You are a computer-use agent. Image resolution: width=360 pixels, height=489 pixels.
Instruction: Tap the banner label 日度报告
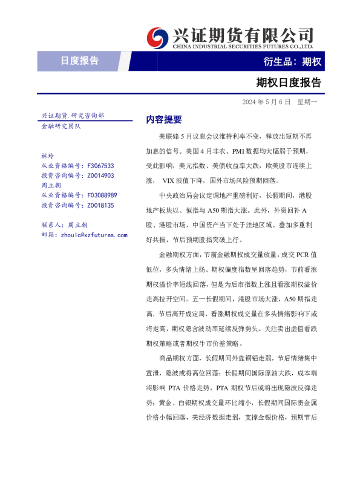80,61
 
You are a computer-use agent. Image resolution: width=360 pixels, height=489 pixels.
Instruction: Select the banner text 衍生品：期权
293,62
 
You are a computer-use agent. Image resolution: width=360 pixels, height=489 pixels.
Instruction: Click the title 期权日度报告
289,82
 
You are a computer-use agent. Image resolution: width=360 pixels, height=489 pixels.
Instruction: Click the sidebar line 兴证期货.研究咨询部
73,116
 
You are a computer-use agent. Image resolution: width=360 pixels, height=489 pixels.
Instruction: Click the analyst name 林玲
47,156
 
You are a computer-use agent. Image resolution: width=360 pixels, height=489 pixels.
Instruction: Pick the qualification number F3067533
100,165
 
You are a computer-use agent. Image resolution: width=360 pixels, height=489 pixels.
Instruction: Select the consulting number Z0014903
100,176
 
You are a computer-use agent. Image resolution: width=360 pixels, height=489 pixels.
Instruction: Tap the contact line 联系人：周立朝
64,225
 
